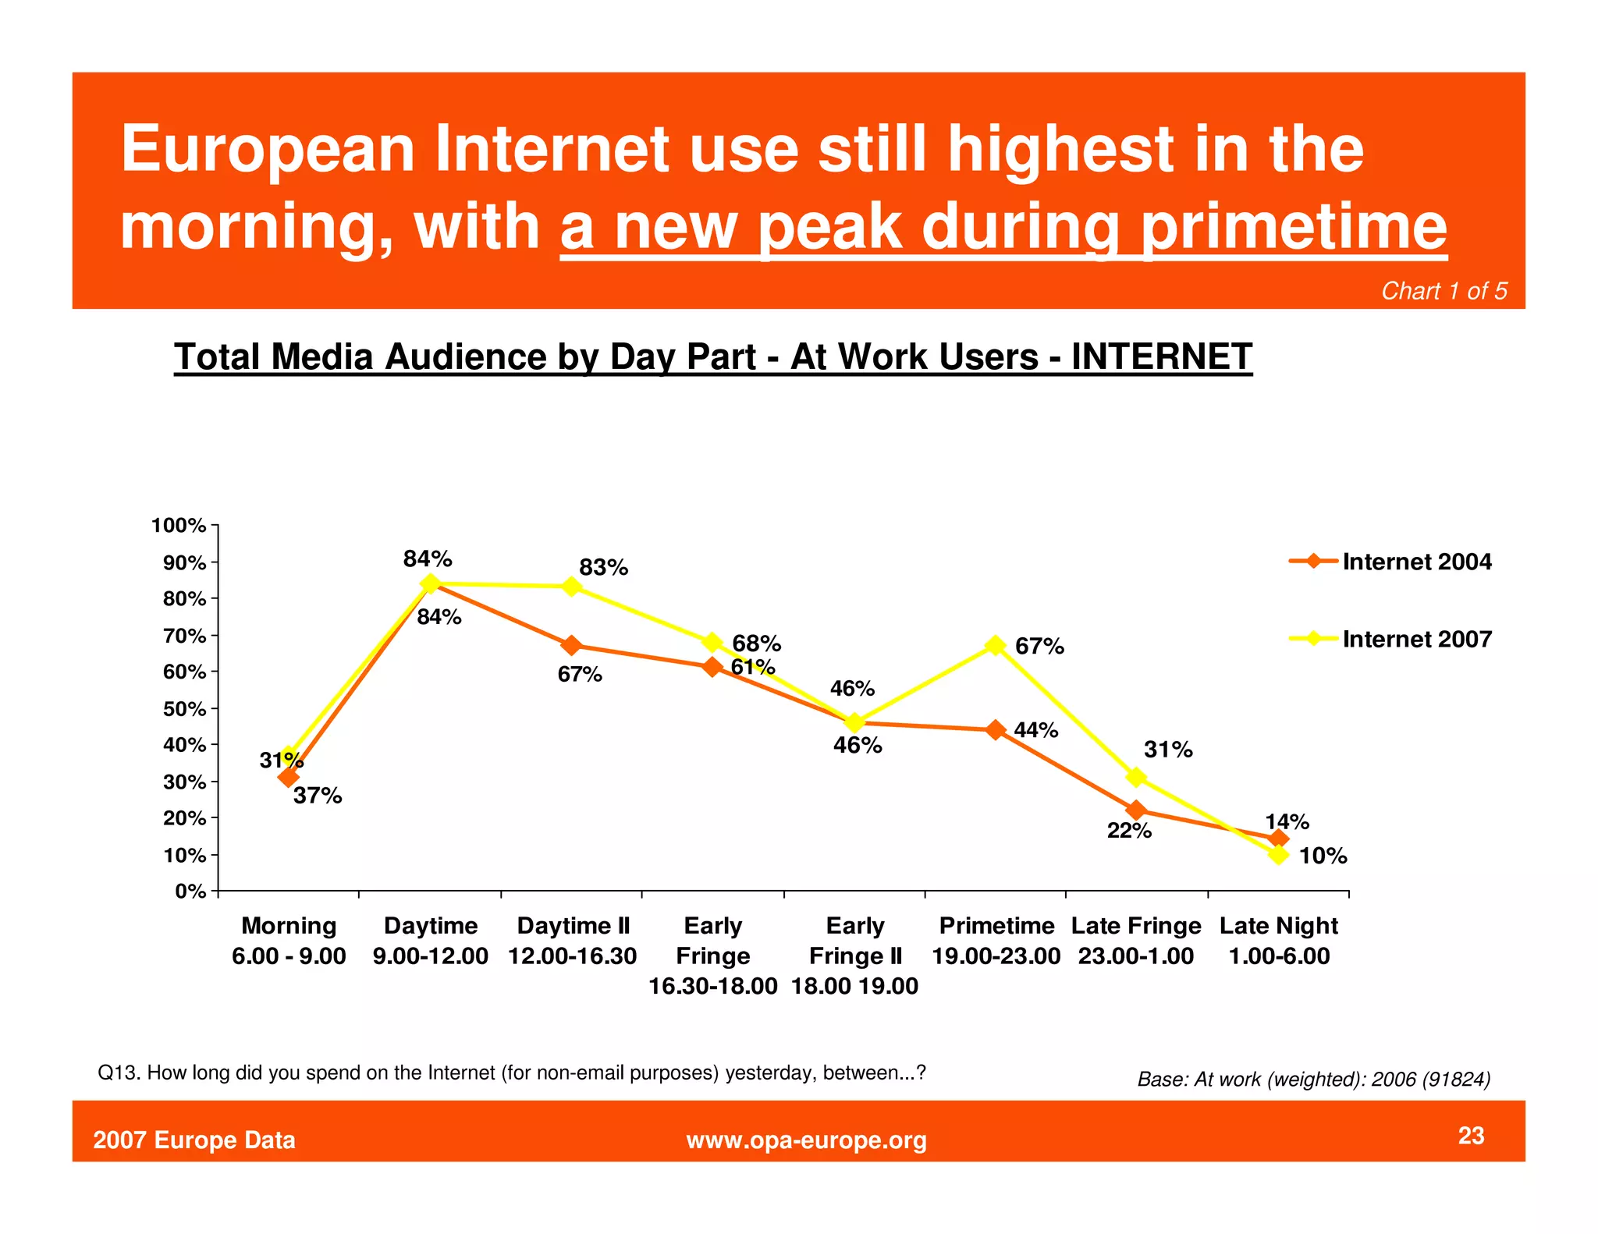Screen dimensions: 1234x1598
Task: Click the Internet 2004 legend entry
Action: click(1390, 562)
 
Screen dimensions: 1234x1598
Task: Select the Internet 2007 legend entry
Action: click(1390, 639)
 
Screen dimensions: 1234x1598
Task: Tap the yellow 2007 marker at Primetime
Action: click(996, 645)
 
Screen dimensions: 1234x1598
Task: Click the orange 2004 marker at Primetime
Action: click(996, 730)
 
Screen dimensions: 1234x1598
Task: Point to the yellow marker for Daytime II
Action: click(572, 587)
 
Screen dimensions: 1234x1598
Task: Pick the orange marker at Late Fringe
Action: click(1137, 810)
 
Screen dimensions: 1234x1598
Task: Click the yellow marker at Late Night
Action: click(1278, 854)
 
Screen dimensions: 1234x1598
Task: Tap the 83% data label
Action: click(603, 567)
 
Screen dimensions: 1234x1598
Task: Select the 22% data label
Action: click(1129, 831)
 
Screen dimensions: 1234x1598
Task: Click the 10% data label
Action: click(1323, 856)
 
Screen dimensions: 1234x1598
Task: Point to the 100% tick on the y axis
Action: click(179, 526)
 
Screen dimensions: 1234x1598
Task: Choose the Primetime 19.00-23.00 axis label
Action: click(996, 941)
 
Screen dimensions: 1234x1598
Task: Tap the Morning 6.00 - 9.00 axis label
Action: click(289, 941)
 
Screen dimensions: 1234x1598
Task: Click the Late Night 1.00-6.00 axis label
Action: click(1278, 941)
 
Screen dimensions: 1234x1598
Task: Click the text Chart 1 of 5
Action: click(1444, 291)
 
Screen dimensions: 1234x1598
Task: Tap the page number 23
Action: click(1471, 1136)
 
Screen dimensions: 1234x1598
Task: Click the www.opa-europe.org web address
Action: click(806, 1140)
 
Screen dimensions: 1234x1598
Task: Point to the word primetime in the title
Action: click(1294, 227)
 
